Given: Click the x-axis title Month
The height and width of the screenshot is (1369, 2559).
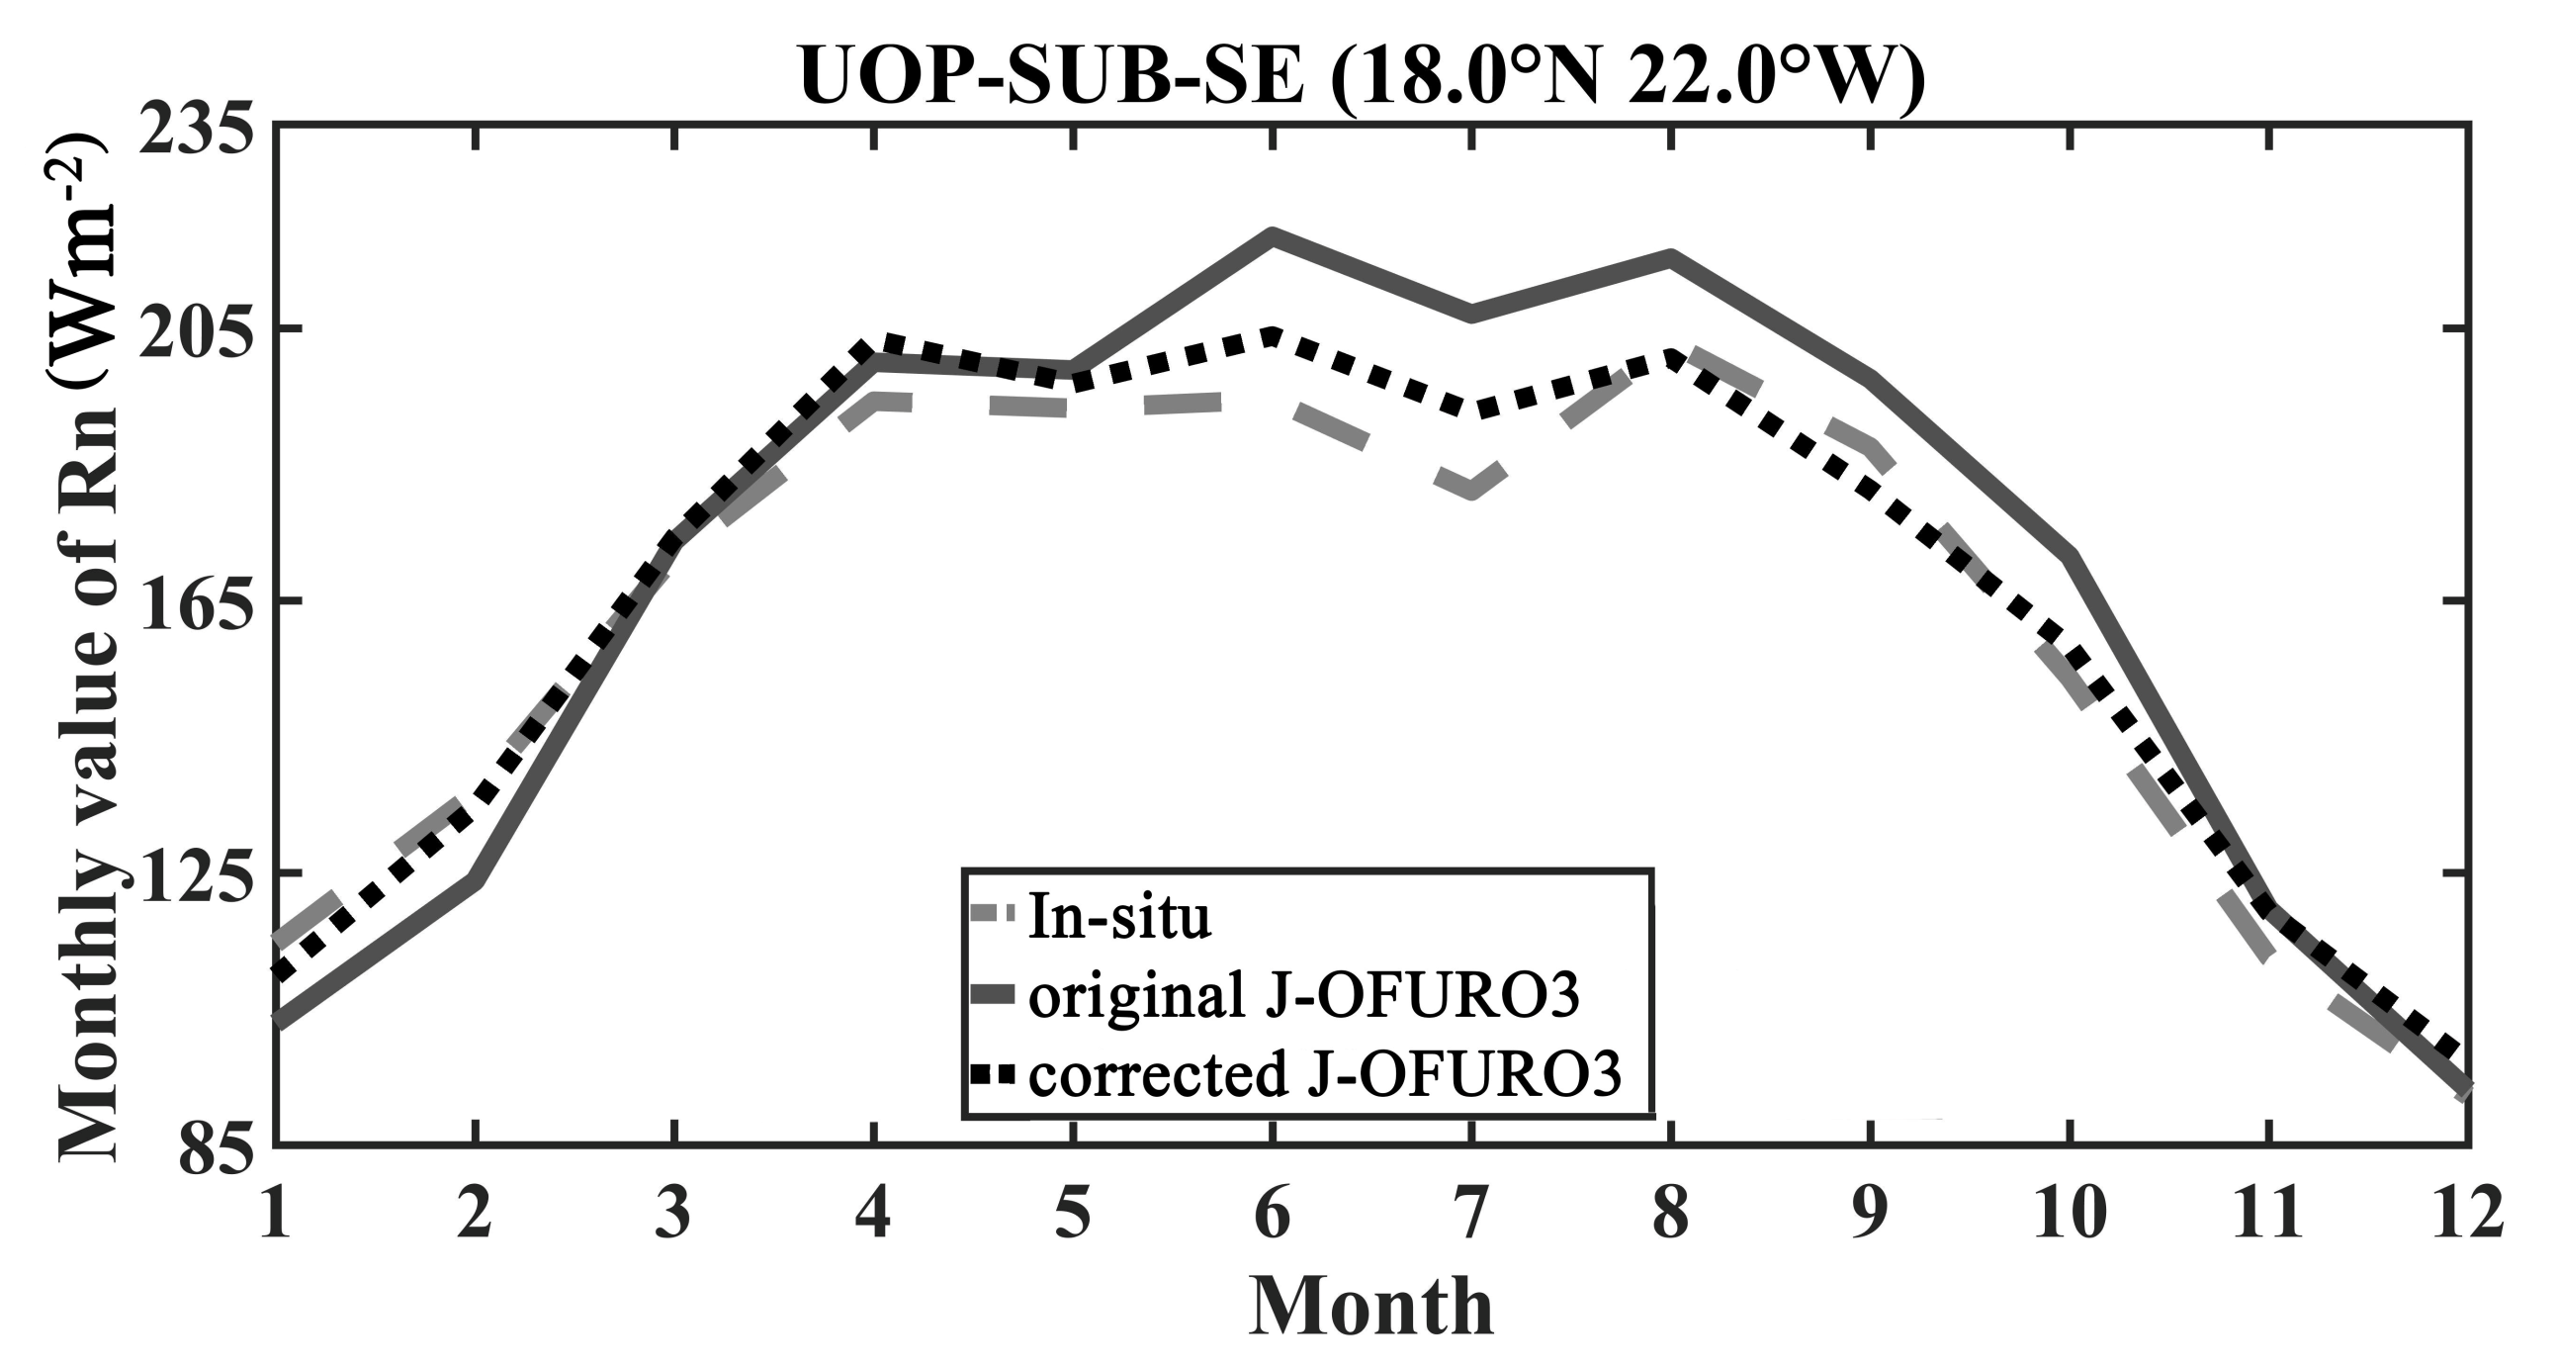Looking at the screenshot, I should coord(1370,1307).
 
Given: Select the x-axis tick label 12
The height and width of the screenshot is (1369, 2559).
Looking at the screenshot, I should coord(2467,1212).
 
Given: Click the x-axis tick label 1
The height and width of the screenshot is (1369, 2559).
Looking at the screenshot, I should coord(275,1212).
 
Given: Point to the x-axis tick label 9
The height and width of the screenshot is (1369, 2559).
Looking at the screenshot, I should coord(1870,1212).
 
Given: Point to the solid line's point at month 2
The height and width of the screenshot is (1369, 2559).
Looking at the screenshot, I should coord(476,878).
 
